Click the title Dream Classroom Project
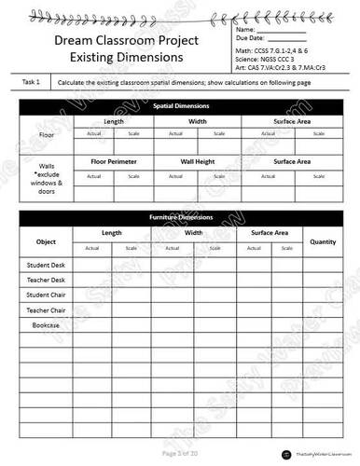coord(117,41)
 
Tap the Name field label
coord(246,31)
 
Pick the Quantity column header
coord(323,241)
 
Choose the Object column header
coord(47,241)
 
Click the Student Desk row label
coord(46,266)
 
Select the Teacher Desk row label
coord(46,281)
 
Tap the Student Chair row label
coord(46,295)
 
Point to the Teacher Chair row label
coord(46,310)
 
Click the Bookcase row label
coord(46,325)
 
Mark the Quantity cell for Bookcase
coord(323,325)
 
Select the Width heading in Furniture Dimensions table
coord(195,232)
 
